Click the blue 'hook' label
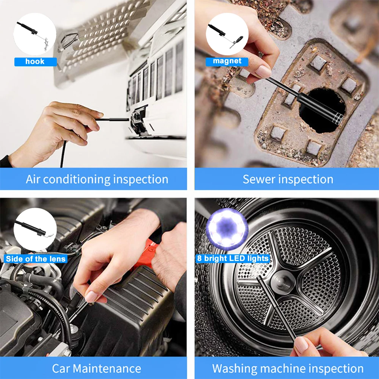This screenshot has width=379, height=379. point(36,62)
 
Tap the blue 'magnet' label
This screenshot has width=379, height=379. point(227,61)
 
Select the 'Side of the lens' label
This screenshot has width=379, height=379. point(36,259)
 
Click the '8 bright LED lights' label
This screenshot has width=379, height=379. point(233,258)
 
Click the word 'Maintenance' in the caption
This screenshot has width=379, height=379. point(107,369)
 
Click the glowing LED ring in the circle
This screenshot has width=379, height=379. point(227,229)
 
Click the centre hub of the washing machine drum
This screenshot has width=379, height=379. point(283,281)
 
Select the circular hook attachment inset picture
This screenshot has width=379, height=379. point(35,34)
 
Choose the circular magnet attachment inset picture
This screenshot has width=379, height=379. point(227,34)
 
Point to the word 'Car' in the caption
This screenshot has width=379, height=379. point(61,369)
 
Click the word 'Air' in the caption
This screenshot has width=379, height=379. point(33,179)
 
